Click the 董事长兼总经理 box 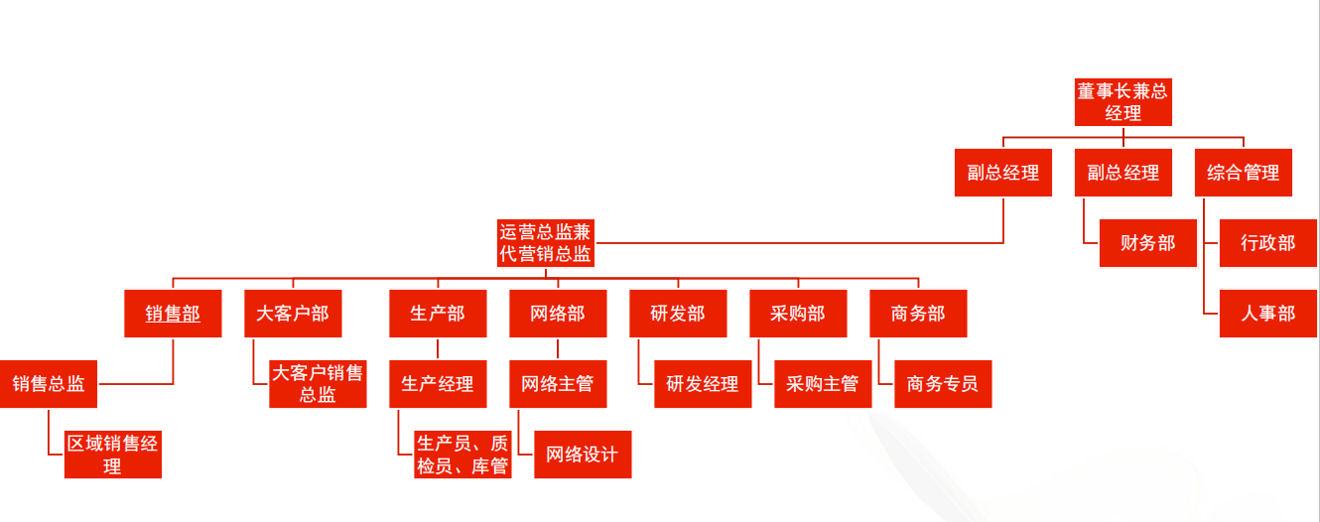coord(1122,102)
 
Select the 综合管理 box coord(1243,173)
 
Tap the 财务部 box coord(1147,243)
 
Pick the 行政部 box coord(1267,243)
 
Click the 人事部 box coord(1267,314)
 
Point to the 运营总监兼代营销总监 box coord(545,243)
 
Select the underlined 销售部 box coord(173,314)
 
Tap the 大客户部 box coord(292,314)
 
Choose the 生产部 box coord(437,314)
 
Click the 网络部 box coord(557,314)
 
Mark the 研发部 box coord(678,314)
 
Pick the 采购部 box coord(797,314)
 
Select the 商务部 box coord(918,314)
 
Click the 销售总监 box coord(49,384)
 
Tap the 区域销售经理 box coord(112,455)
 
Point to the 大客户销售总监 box coord(318,384)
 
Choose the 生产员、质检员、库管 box coord(462,455)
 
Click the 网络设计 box coord(582,455)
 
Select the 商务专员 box coord(943,384)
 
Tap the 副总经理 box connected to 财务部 coord(1122,173)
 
